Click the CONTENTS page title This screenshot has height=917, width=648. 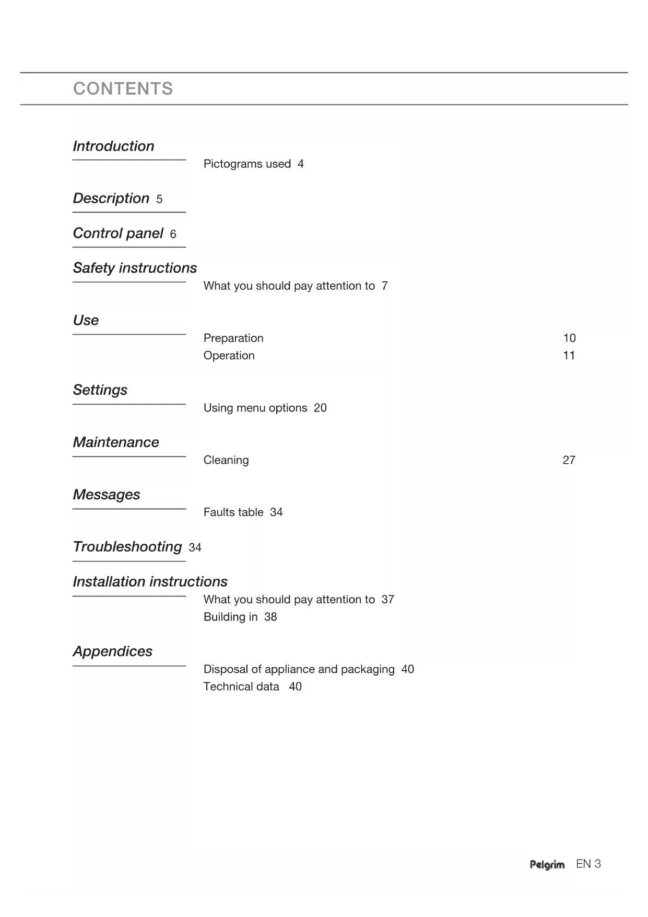(123, 89)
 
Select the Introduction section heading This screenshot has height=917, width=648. (113, 146)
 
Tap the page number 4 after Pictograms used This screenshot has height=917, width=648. (300, 164)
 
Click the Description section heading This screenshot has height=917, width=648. (111, 199)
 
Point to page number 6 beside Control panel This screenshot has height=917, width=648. (173, 234)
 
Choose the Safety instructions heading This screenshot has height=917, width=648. (135, 268)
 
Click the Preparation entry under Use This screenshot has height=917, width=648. (233, 338)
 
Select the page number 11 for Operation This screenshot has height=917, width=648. (569, 356)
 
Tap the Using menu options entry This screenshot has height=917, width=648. (255, 408)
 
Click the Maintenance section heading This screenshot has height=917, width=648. (116, 442)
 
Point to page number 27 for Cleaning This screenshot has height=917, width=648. (569, 460)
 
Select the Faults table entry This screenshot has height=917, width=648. (233, 512)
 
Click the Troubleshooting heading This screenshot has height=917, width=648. (127, 547)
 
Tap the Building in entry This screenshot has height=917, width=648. (230, 617)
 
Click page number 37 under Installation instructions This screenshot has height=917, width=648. (387, 600)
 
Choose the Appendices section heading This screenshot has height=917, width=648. (112, 651)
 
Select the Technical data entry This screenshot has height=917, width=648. (241, 686)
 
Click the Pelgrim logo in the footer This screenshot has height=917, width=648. (547, 865)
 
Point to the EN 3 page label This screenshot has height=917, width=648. (588, 864)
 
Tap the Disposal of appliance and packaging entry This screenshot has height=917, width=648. (299, 669)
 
